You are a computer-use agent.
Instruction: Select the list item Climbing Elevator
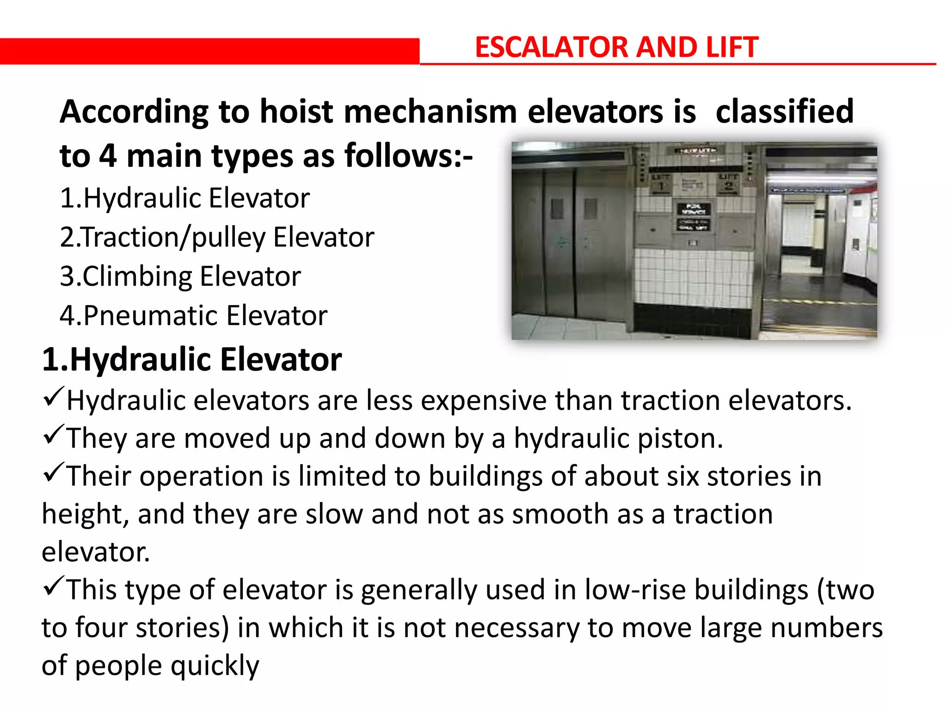click(x=180, y=276)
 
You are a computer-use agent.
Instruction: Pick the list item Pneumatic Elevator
click(x=193, y=316)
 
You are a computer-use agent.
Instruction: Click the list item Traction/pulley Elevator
click(x=217, y=237)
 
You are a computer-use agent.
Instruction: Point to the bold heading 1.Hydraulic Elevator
click(x=191, y=360)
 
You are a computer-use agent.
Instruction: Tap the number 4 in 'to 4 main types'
click(x=107, y=156)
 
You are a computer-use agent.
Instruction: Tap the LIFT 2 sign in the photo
click(x=728, y=184)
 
